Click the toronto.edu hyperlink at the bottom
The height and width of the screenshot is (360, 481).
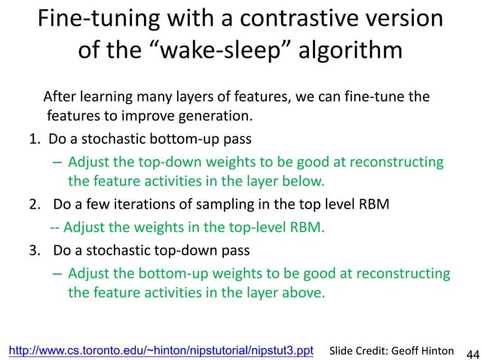(x=161, y=350)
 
